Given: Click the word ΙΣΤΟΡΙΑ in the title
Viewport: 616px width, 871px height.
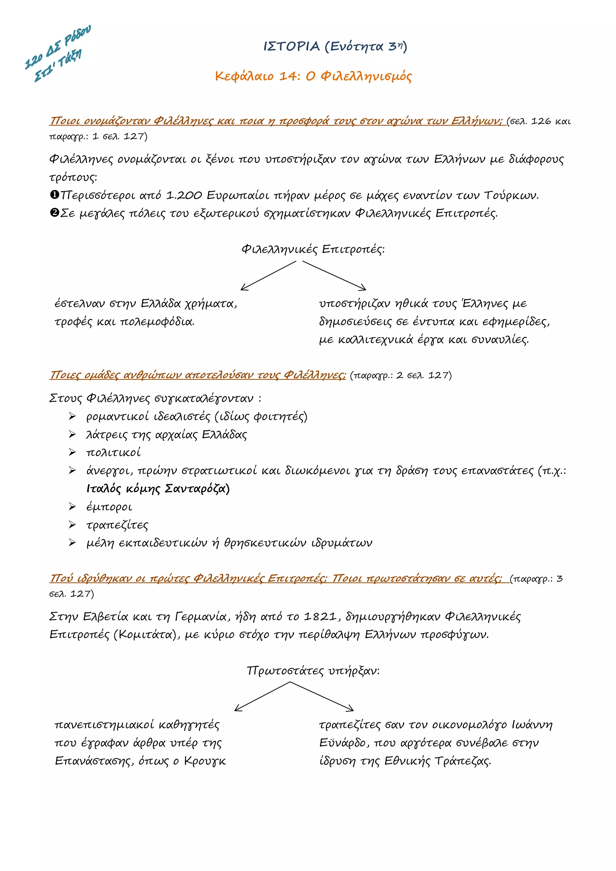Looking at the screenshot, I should pyautogui.click(x=291, y=46).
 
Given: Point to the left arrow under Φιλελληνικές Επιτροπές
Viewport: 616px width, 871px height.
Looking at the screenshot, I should pyautogui.click(x=268, y=276).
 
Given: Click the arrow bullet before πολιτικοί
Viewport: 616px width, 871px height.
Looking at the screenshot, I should pyautogui.click(x=72, y=452).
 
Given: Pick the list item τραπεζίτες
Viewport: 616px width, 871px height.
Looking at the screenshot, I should pyautogui.click(x=117, y=525).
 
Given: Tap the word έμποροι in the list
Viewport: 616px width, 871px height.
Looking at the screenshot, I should pyautogui.click(x=109, y=507).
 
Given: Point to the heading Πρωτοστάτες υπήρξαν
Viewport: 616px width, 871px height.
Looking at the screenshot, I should pyautogui.click(x=313, y=671).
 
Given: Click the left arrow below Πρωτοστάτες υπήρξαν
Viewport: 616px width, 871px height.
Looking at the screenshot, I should pyautogui.click(x=262, y=697).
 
